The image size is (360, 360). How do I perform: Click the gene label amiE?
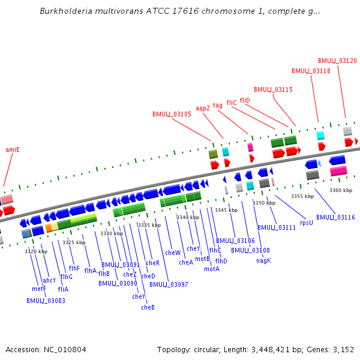[x=13, y=149]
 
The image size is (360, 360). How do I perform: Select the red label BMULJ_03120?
[x=337, y=61]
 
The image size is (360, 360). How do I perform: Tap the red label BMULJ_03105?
[x=172, y=114]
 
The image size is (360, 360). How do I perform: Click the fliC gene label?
[x=232, y=103]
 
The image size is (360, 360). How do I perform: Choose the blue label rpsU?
[x=306, y=222]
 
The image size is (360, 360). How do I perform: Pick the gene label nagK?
[x=263, y=260]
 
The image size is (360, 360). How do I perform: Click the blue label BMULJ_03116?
[x=335, y=217]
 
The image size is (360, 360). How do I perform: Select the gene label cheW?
[x=173, y=253]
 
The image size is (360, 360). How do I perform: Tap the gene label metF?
[x=39, y=289]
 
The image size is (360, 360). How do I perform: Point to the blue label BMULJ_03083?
[x=46, y=301]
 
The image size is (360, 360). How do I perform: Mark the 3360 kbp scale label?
[x=340, y=190]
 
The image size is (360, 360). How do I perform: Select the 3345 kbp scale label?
[x=226, y=210]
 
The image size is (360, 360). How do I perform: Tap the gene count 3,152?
[x=343, y=349]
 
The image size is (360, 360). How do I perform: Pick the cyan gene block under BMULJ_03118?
[x=320, y=136]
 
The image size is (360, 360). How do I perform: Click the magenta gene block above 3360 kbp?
[x=338, y=171]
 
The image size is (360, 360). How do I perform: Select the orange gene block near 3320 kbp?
[x=49, y=228]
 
